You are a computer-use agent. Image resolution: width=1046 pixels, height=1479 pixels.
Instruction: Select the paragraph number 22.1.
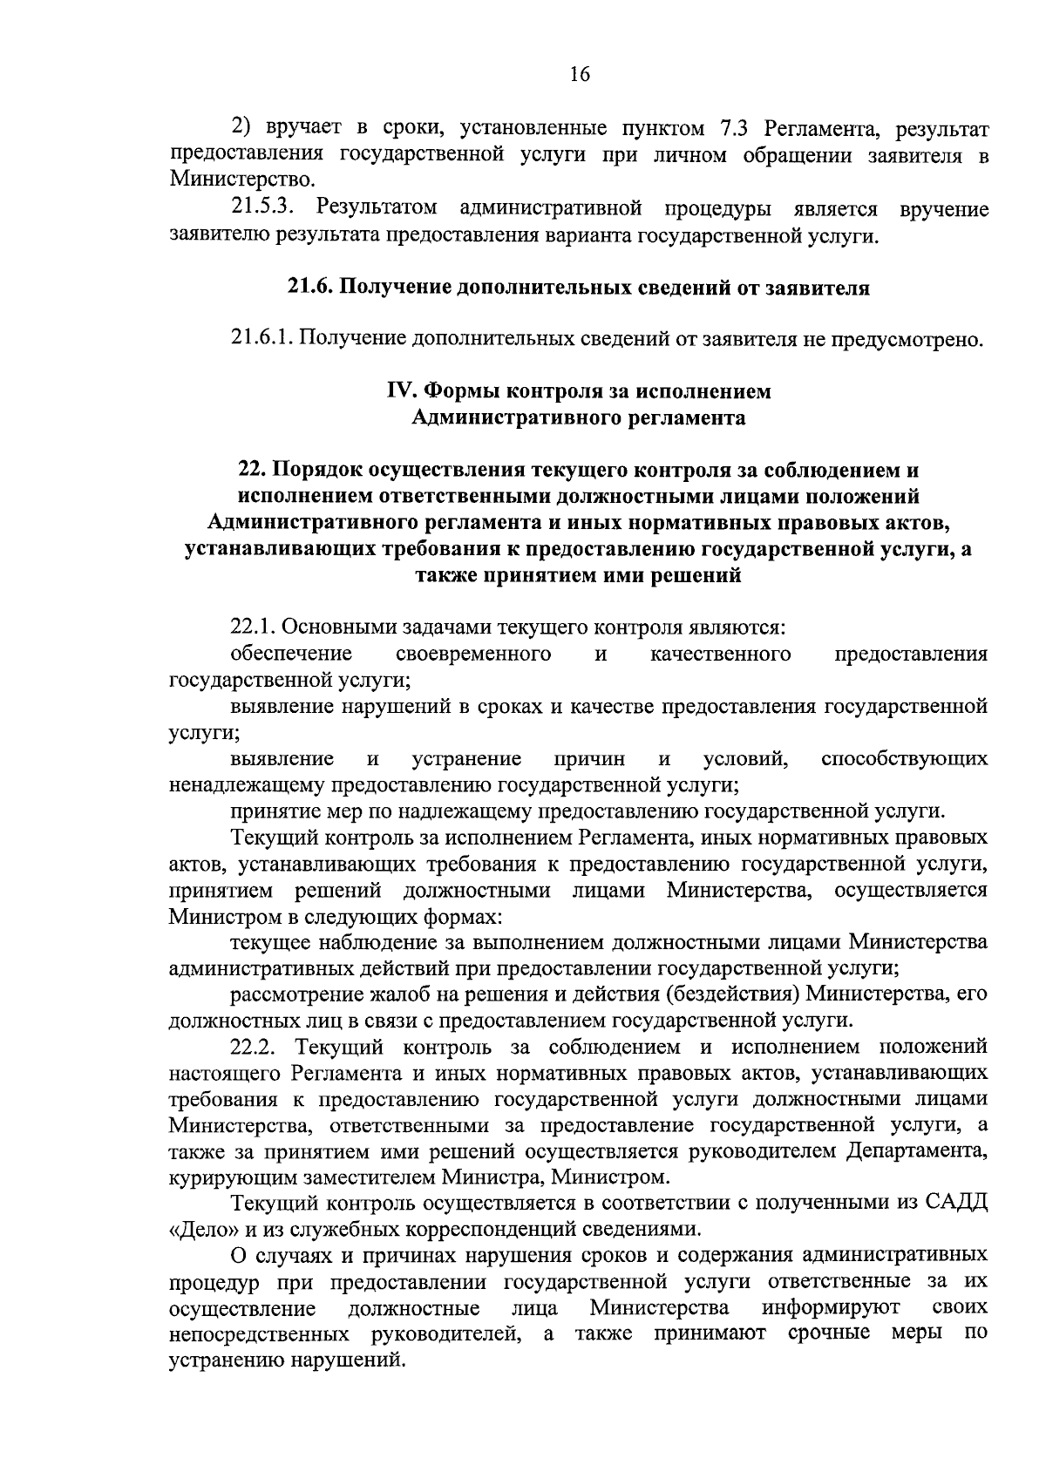254,628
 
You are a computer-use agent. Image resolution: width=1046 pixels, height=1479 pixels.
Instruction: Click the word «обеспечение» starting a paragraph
291,654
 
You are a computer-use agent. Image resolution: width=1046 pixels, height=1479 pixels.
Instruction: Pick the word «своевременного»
473,654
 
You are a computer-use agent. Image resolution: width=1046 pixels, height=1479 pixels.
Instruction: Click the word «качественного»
721,654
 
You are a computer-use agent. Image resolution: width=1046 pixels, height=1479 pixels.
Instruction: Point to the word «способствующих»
904,758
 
